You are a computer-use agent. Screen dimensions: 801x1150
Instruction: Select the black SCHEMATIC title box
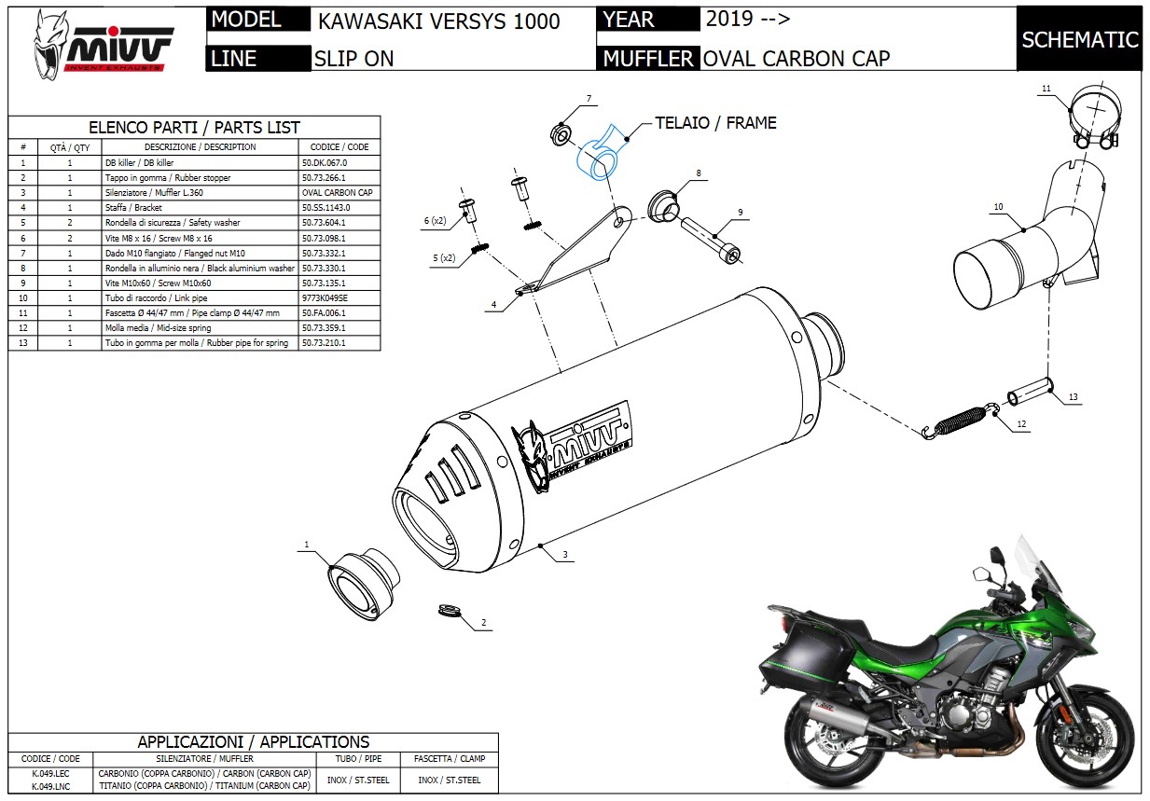pyautogui.click(x=1079, y=39)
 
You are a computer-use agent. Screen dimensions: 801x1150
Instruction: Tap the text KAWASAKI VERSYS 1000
pyautogui.click(x=438, y=21)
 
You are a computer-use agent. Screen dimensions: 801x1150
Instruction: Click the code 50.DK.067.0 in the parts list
pyautogui.click(x=326, y=162)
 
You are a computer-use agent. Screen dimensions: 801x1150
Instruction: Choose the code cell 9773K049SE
pyautogui.click(x=326, y=297)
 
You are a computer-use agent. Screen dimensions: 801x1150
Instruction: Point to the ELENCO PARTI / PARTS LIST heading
pyautogui.click(x=194, y=128)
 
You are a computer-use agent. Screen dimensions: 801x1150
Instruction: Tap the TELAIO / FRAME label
pyautogui.click(x=715, y=123)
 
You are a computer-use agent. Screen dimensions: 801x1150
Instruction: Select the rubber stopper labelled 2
pyautogui.click(x=450, y=610)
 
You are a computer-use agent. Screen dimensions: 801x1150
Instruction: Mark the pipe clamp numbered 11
pyautogui.click(x=1093, y=119)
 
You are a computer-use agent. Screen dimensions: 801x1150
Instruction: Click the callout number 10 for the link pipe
pyautogui.click(x=998, y=207)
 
